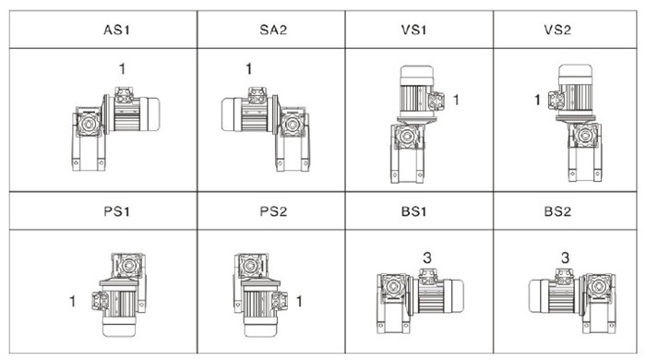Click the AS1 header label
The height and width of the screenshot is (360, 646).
[x=116, y=30]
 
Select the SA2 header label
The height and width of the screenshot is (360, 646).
[x=273, y=30]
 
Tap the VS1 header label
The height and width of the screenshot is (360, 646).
[x=413, y=30]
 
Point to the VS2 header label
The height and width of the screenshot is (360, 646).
[x=557, y=30]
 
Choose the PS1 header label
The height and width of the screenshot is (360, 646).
[x=116, y=211]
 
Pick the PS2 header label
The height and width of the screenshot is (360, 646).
[x=273, y=211]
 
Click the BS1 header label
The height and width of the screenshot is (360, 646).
[x=413, y=211]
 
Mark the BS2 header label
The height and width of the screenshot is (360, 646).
[x=557, y=211]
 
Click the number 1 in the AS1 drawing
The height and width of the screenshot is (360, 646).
[x=122, y=68]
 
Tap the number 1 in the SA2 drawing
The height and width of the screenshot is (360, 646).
[x=248, y=68]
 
